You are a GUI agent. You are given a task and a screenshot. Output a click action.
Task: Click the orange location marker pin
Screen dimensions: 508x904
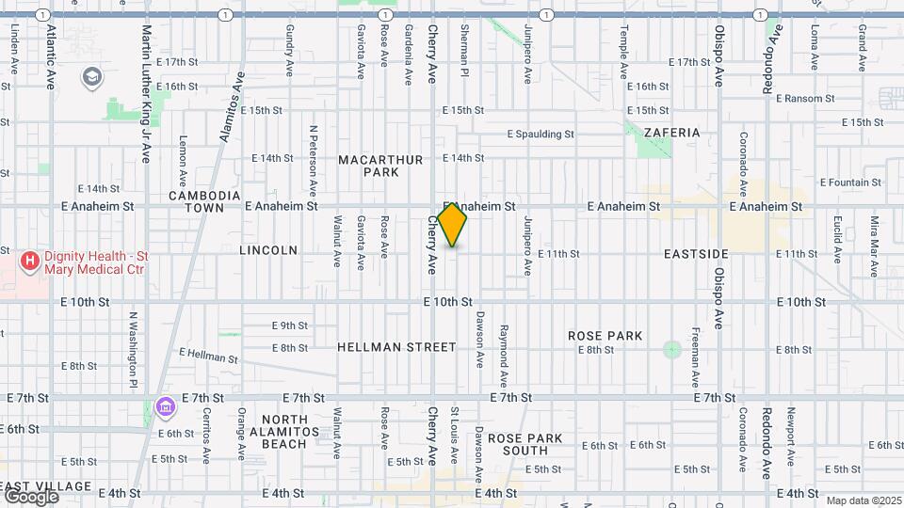pyautogui.click(x=452, y=224)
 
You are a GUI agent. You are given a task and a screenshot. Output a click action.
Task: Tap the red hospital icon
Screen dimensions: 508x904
pyautogui.click(x=31, y=261)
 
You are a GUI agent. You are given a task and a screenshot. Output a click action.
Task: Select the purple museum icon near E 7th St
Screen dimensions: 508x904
pyautogui.click(x=165, y=406)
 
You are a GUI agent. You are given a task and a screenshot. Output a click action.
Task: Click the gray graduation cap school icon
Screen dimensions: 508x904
pyautogui.click(x=92, y=75)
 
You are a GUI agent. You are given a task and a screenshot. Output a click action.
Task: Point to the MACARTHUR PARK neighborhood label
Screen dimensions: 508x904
pyautogui.click(x=381, y=167)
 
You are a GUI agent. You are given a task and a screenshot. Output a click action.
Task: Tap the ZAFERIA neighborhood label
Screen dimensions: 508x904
pyautogui.click(x=670, y=133)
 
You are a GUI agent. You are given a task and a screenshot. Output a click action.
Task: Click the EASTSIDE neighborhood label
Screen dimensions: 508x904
pyautogui.click(x=696, y=254)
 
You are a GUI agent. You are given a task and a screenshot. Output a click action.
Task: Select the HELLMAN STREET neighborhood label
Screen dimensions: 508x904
pyautogui.click(x=396, y=347)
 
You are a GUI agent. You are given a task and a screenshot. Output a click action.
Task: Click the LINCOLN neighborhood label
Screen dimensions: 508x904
pyautogui.click(x=268, y=250)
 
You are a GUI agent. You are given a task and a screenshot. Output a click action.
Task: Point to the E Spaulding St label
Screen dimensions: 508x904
pyautogui.click(x=541, y=135)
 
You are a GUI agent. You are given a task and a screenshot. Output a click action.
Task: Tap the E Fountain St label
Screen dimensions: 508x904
pyautogui.click(x=850, y=183)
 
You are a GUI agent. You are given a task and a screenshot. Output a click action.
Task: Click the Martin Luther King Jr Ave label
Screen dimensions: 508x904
pyautogui.click(x=147, y=94)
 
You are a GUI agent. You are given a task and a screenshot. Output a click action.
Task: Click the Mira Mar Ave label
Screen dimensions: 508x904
pyautogui.click(x=874, y=246)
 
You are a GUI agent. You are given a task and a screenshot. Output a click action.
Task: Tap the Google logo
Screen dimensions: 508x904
pyautogui.click(x=30, y=496)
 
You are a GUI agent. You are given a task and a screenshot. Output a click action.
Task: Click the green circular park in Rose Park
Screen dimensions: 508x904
pyautogui.click(x=671, y=350)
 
